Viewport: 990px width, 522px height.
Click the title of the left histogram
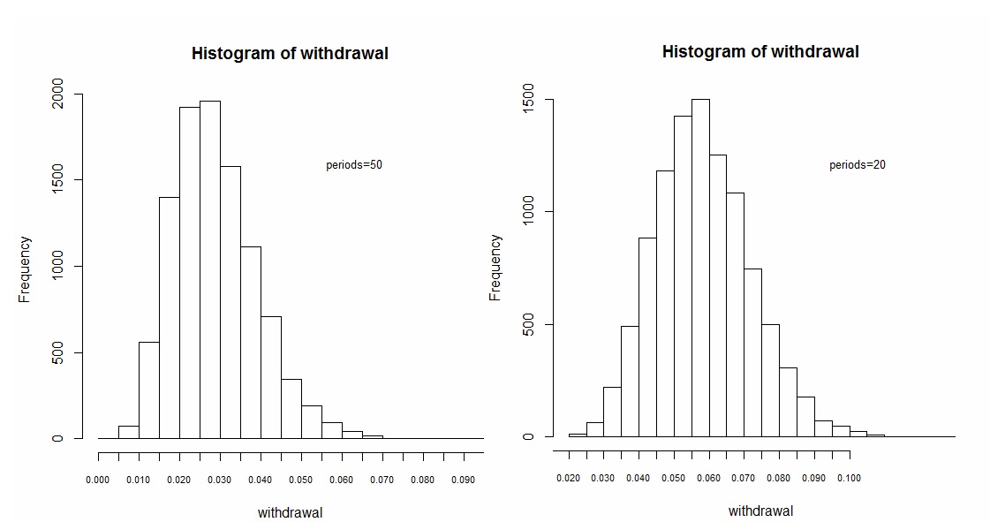point(290,54)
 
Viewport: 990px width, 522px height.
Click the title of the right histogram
point(760,52)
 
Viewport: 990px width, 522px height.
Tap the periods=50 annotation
point(354,165)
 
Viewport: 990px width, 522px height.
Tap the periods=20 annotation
point(858,165)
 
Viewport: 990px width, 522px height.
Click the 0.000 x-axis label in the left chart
point(98,480)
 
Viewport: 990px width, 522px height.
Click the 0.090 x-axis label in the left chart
point(463,480)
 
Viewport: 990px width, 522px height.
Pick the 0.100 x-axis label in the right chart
point(850,478)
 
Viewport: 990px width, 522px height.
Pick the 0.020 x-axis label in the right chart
point(569,478)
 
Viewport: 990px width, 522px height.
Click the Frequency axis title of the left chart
point(26,269)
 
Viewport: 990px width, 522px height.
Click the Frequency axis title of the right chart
point(495,268)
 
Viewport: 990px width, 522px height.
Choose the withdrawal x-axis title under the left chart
point(290,512)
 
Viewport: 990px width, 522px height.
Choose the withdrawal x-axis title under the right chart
point(760,511)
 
